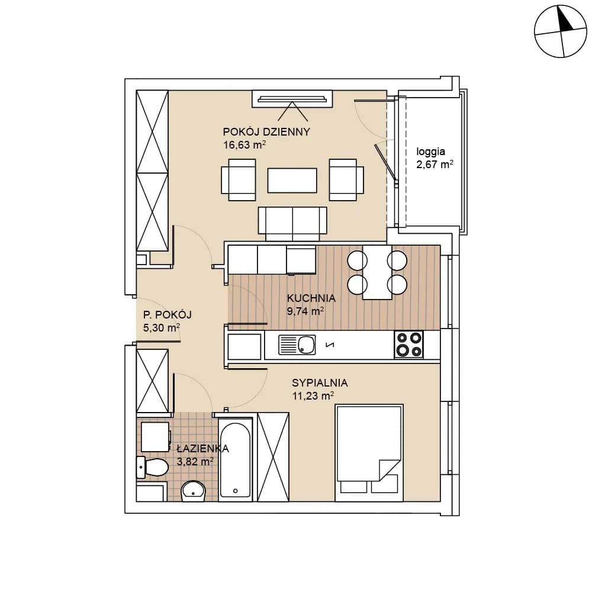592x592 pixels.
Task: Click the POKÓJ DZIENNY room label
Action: [266, 132]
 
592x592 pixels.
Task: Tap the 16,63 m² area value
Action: [244, 144]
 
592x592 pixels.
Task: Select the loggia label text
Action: [430, 152]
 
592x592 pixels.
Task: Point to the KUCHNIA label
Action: [311, 298]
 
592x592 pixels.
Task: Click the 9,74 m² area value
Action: [305, 311]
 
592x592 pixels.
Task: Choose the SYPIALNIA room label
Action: [320, 383]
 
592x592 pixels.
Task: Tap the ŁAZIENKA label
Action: [202, 448]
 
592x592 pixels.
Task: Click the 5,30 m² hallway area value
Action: [161, 327]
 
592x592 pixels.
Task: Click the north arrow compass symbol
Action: [561, 31]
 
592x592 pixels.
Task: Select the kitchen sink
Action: [297, 345]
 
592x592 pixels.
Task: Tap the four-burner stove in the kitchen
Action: [408, 345]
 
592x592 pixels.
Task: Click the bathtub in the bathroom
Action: [235, 459]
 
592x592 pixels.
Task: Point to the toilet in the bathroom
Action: [152, 467]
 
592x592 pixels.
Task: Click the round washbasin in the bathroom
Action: [193, 491]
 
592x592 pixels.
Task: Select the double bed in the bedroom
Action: [369, 453]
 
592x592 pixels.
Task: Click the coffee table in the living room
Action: [292, 180]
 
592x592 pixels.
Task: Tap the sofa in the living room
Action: [292, 224]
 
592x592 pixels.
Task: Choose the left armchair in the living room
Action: [238, 180]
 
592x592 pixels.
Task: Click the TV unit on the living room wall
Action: [292, 99]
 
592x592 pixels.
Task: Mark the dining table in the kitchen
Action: [377, 272]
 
